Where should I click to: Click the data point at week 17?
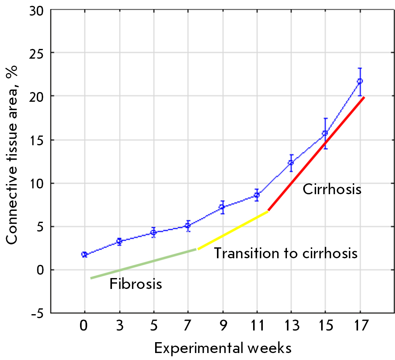pos(360,81)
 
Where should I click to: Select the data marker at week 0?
pos(84,254)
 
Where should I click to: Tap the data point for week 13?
pos(291,163)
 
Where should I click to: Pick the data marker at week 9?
pos(222,207)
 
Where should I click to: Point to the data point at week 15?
pos(325,133)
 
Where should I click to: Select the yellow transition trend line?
pos(233,230)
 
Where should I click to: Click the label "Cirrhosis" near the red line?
pos(332,190)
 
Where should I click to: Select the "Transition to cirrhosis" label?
pos(286,254)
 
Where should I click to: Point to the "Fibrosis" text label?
pos(135,284)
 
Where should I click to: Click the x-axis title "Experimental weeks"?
pos(223,348)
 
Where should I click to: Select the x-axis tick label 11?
pos(256,326)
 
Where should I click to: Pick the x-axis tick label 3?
pos(119,326)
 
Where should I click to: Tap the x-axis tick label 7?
pos(188,326)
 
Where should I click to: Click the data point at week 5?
pos(154,232)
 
